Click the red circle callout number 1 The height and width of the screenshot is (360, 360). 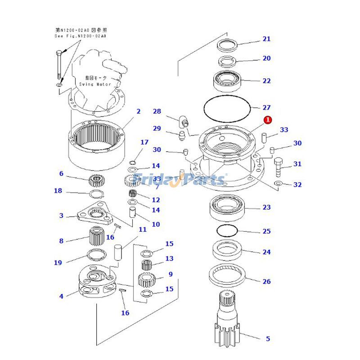point(268,120)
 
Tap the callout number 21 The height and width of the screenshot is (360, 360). point(266,39)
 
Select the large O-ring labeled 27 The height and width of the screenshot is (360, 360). point(226,108)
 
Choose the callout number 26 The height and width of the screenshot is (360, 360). point(266,282)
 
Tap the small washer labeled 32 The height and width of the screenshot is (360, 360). point(278,184)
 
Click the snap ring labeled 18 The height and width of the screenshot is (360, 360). point(96,194)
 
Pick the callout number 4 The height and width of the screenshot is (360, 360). point(61,296)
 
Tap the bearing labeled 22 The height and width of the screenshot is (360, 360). point(228,80)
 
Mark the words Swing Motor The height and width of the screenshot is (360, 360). point(95,84)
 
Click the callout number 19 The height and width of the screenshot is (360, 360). point(58,263)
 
